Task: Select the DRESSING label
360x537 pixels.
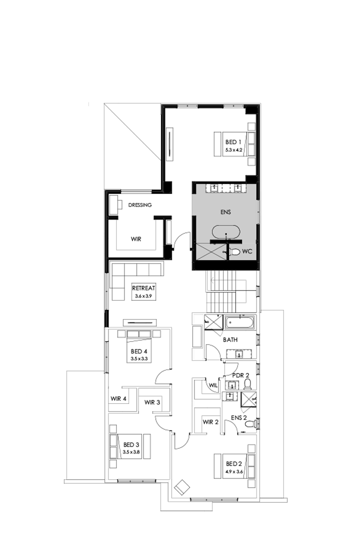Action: click(140, 205)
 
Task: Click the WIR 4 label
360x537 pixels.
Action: click(119, 398)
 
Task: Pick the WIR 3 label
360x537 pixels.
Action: click(152, 402)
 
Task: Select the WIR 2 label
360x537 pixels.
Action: click(210, 422)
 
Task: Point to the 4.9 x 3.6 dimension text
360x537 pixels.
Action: click(233, 471)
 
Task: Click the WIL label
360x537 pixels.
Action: click(212, 385)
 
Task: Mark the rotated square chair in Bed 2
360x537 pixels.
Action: click(182, 487)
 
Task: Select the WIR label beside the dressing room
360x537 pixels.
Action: click(136, 239)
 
